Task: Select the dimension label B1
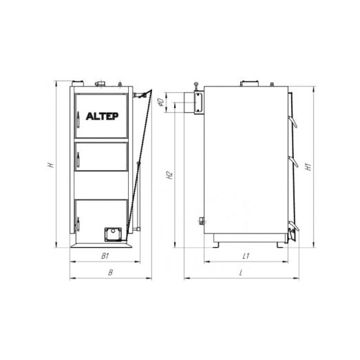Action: tap(105, 256)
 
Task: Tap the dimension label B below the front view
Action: tap(109, 273)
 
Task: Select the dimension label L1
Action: tap(246, 256)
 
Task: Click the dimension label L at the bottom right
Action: tap(241, 273)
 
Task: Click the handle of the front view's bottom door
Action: tap(78, 224)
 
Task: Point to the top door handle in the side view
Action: tap(293, 123)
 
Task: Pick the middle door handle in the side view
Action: tap(293, 162)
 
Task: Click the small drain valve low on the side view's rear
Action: tap(201, 221)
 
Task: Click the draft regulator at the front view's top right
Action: tap(142, 93)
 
